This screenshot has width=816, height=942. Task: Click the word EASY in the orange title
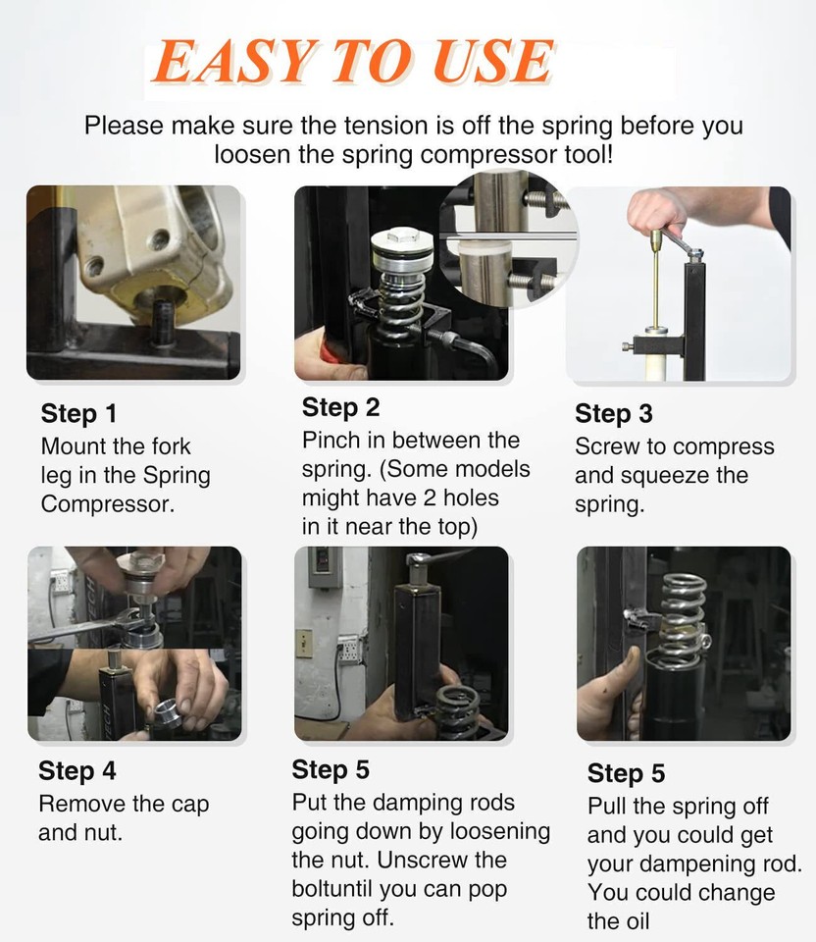(x=234, y=61)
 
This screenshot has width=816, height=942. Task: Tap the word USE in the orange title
(x=493, y=61)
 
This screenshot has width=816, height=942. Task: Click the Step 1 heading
(x=78, y=413)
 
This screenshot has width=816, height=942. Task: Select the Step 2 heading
(x=340, y=407)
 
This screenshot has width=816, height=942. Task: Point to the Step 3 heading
(x=614, y=413)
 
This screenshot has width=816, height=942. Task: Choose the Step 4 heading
(x=77, y=771)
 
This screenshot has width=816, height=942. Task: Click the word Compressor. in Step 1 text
(x=108, y=504)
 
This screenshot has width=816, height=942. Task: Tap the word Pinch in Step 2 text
(x=331, y=441)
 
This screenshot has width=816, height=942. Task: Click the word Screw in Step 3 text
(x=608, y=446)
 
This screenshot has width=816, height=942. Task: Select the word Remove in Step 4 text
(x=82, y=804)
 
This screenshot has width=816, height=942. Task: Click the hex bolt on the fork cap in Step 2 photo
(x=401, y=235)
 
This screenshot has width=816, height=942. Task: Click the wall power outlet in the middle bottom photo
(x=349, y=649)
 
